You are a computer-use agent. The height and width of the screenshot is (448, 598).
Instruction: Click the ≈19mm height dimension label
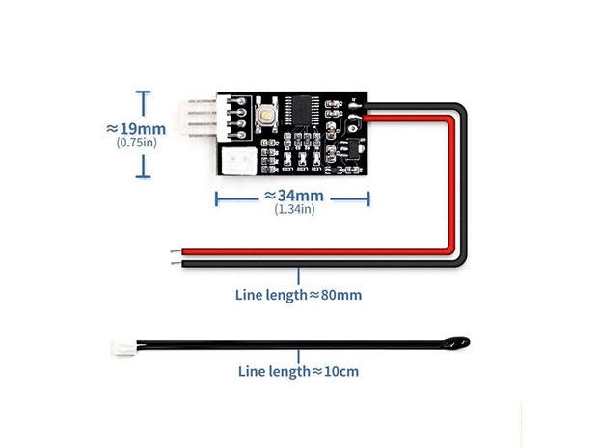[x=136, y=129]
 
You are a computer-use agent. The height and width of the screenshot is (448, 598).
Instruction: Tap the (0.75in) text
[x=137, y=143]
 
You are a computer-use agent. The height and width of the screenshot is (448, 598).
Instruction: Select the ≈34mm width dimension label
[x=293, y=196]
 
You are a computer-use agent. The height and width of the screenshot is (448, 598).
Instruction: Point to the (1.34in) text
[x=294, y=209]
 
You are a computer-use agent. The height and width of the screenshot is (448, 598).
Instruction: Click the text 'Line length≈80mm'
[x=298, y=295]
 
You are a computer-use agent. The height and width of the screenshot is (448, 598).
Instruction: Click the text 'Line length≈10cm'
[x=298, y=372]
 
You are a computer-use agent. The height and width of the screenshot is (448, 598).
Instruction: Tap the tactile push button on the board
[x=265, y=115]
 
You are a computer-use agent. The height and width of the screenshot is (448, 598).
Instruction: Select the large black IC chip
[x=302, y=110]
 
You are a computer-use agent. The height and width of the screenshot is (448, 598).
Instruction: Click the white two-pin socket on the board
[x=239, y=161]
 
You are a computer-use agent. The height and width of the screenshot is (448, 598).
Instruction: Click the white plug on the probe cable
[x=124, y=348]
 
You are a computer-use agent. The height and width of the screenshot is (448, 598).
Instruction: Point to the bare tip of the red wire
[x=177, y=251]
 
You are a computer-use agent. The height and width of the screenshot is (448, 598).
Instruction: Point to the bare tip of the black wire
[x=177, y=263]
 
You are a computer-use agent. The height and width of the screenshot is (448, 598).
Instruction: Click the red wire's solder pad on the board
[x=354, y=118]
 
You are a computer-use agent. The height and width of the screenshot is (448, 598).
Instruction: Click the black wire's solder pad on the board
[x=354, y=106]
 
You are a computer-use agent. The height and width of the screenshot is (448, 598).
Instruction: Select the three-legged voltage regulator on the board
[x=352, y=147]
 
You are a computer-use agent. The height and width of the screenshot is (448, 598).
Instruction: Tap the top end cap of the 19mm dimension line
[x=143, y=92]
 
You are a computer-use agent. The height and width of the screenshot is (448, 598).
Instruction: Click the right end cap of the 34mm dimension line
[x=368, y=198]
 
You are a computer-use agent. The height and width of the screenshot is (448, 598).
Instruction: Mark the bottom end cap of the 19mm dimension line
[x=143, y=176]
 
